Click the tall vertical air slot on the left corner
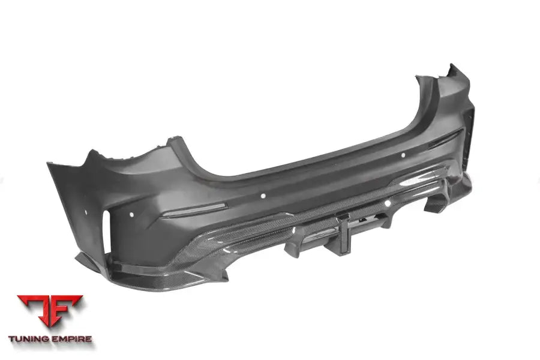[107, 232]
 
